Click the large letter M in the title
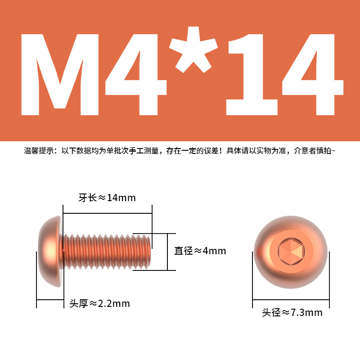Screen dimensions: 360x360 point(60,75)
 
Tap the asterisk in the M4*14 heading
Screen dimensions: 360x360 point(193,49)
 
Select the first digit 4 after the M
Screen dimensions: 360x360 point(136,75)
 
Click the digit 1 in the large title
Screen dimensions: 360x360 point(252,75)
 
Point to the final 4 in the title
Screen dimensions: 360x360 point(313,75)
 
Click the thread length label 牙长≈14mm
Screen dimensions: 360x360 point(107,198)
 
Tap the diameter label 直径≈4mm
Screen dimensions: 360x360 point(200,251)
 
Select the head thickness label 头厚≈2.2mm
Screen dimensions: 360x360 point(99,303)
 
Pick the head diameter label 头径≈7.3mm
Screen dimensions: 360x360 point(292,312)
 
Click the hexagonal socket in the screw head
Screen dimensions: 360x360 point(291,252)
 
